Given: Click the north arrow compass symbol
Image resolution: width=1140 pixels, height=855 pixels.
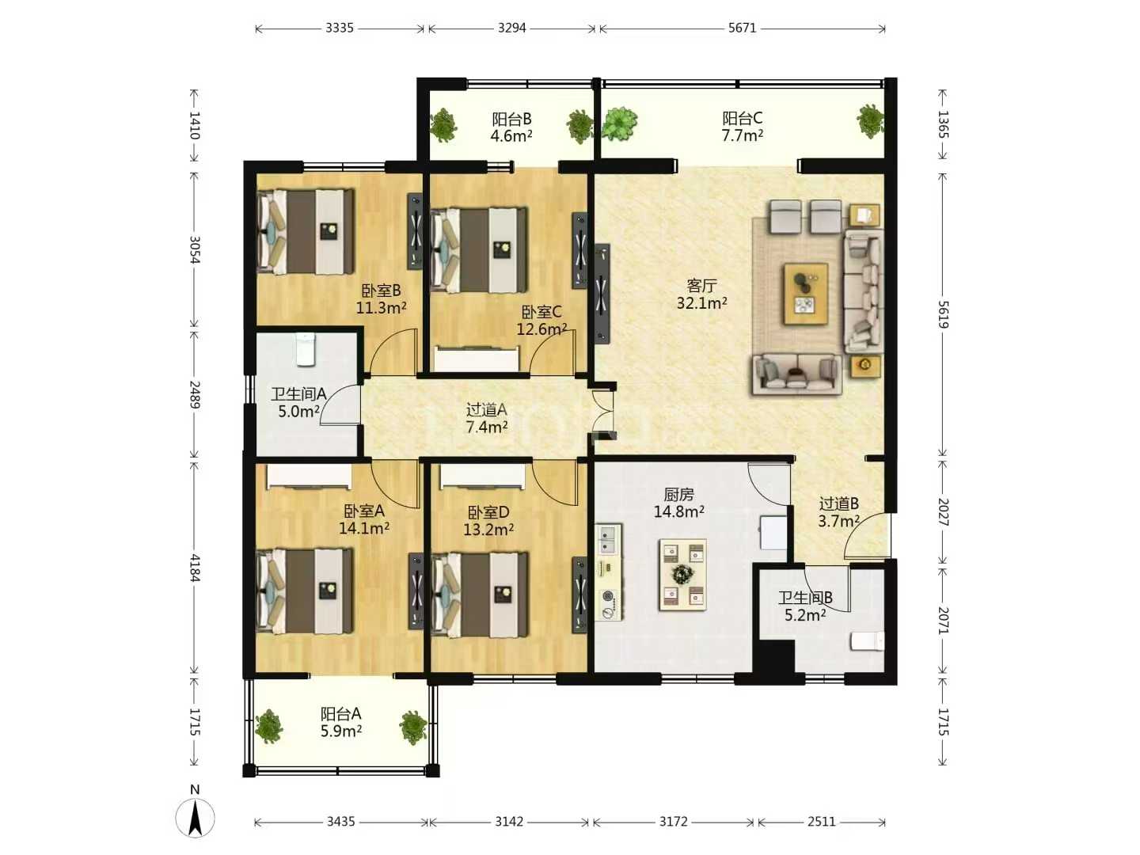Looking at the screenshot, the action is tap(195, 817).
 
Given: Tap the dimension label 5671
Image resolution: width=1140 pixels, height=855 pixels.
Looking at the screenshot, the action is tap(742, 28).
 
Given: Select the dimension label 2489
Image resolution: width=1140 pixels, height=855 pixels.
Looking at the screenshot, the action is tap(195, 394).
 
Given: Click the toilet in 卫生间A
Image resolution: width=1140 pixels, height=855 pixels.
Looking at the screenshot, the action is tap(306, 349).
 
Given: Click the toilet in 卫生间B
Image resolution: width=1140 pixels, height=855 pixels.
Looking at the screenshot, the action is tap(867, 641).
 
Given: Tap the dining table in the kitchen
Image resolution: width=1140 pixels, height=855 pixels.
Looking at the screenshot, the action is tap(682, 574).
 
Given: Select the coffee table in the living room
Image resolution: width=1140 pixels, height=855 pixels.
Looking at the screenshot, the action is tap(806, 294).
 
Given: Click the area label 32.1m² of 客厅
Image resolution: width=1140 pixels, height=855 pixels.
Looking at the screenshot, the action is tap(701, 302).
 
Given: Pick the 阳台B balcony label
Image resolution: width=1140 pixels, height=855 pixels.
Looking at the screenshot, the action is tap(511, 120).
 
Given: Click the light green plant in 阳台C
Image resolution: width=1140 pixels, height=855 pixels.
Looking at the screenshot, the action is tap(620, 123).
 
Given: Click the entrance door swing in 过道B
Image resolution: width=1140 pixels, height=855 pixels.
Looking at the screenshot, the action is tap(867, 535).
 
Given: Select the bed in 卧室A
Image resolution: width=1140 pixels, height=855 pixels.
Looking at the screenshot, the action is tap(306, 591).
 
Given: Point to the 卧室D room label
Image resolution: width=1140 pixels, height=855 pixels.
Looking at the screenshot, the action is tap(488, 513).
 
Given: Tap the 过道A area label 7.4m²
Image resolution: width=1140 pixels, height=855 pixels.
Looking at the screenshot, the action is tap(487, 427).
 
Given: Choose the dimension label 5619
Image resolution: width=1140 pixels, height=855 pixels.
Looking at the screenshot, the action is tap(943, 314).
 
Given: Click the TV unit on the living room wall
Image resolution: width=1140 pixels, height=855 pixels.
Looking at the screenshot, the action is tap(602, 294).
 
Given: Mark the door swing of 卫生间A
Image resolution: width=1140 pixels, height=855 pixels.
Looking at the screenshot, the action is tap(339, 405).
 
